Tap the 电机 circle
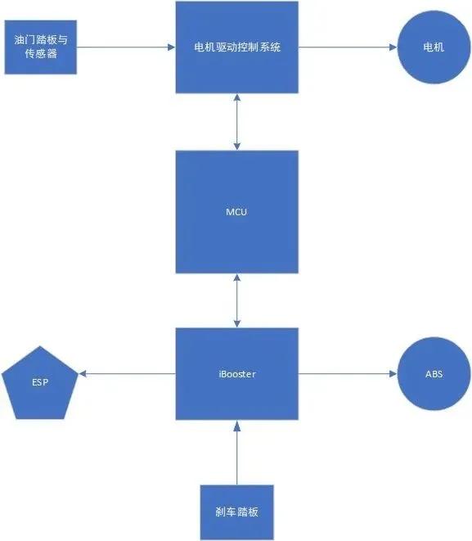(433, 47)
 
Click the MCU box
(236, 212)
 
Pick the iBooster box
(236, 374)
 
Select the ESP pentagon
(40, 381)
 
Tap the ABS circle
(433, 374)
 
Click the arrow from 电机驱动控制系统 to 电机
(347, 47)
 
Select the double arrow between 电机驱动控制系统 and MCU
(236, 122)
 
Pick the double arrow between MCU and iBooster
(236, 300)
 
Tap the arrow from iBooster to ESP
(128, 374)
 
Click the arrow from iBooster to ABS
(347, 374)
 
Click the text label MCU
(236, 212)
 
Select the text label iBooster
(236, 374)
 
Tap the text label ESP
(40, 382)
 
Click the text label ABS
(433, 374)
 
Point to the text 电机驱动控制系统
(236, 47)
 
